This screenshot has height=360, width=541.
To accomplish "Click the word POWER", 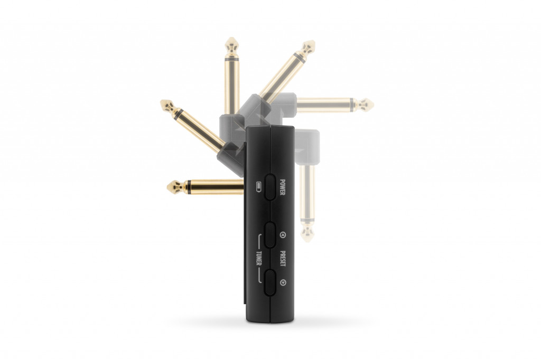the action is click(x=282, y=187).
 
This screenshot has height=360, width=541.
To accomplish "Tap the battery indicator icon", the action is click(x=259, y=186).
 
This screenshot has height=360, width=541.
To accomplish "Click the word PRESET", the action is click(x=283, y=258).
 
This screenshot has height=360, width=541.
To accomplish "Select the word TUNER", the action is click(x=259, y=259).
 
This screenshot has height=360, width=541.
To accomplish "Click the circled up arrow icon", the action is click(x=283, y=235).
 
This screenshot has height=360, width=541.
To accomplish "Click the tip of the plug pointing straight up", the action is click(x=232, y=38).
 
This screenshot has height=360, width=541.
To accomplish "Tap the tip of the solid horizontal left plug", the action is click(x=167, y=187).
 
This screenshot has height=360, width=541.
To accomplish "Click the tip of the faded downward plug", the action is click(x=307, y=241).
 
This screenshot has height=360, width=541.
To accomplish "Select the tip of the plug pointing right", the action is click(x=373, y=105).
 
